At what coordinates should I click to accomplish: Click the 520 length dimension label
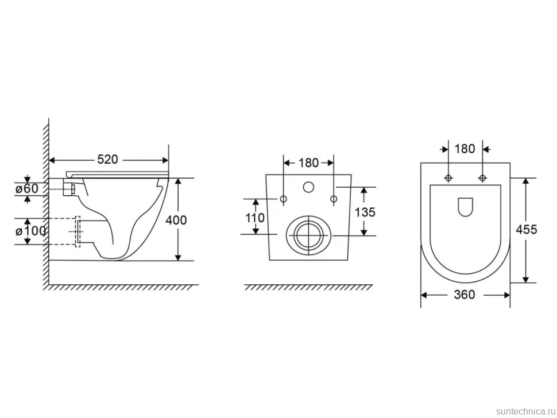107,160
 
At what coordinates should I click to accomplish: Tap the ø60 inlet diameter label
26,188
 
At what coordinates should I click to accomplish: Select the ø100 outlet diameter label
30,231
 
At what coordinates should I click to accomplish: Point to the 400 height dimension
176,220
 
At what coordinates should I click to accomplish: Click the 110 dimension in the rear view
255,218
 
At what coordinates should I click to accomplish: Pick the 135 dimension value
365,212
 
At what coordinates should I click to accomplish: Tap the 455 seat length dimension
526,230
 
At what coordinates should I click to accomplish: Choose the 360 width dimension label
465,295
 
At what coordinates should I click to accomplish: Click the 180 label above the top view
465,149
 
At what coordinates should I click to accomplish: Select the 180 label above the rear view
308,162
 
